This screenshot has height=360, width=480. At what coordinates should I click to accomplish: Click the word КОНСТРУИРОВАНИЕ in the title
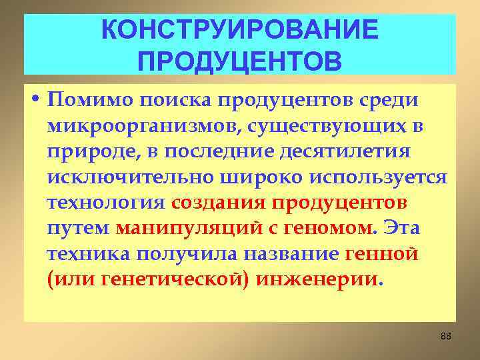[240, 30]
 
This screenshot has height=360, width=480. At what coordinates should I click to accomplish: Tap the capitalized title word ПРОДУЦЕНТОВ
[240, 61]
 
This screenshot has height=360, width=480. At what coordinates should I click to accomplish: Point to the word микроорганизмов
[138, 125]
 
